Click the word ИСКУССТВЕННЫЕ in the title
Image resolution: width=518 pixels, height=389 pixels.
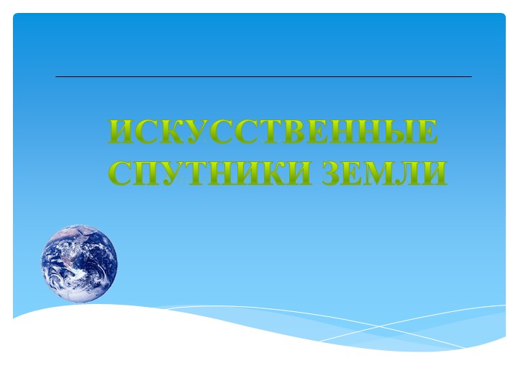tap(273, 132)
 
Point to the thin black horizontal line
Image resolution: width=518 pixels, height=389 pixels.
tap(263, 76)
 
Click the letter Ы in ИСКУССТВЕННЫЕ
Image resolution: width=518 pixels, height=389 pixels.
tap(395, 132)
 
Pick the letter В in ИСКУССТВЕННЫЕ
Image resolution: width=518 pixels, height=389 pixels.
tap(295, 132)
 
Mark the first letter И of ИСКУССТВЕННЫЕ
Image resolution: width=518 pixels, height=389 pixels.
tap(122, 132)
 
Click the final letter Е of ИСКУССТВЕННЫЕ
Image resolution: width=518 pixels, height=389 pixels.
tap(426, 132)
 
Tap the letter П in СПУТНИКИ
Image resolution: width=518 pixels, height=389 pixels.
tap(150, 174)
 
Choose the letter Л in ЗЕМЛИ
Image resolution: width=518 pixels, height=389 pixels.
tap(409, 174)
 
